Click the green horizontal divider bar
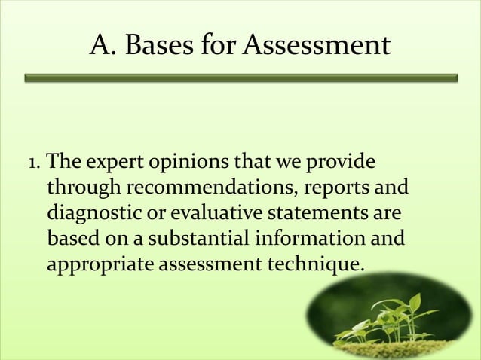241,78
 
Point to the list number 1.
32,163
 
